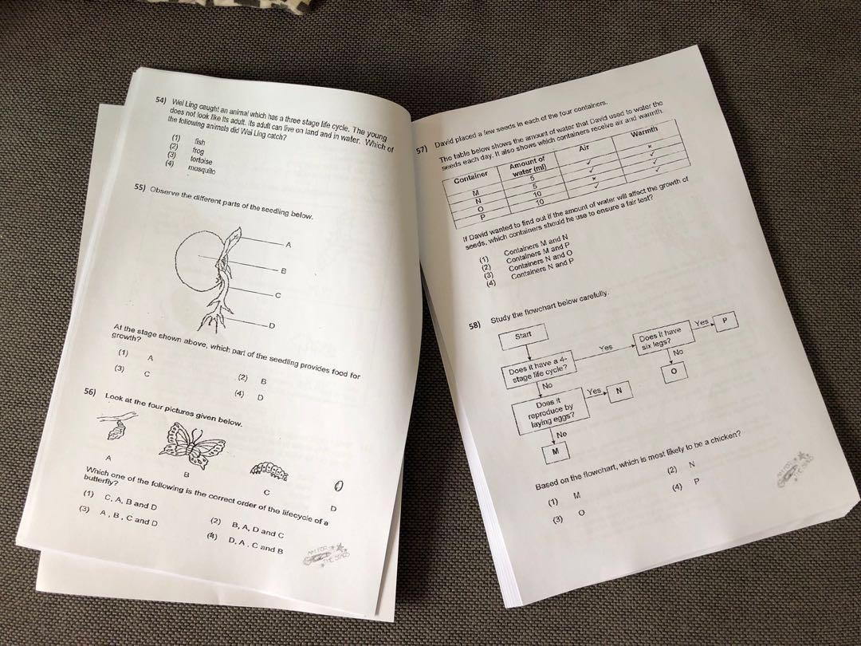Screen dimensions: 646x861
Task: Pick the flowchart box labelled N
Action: coord(619,389)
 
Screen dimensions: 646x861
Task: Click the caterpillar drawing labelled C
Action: coord(269,471)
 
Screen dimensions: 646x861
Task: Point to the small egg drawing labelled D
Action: coord(338,486)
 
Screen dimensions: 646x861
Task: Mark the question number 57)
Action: coord(423,151)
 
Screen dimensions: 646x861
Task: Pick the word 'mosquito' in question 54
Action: coord(202,170)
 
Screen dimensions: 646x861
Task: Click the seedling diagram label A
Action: coord(288,244)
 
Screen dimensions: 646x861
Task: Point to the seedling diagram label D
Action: coord(272,326)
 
